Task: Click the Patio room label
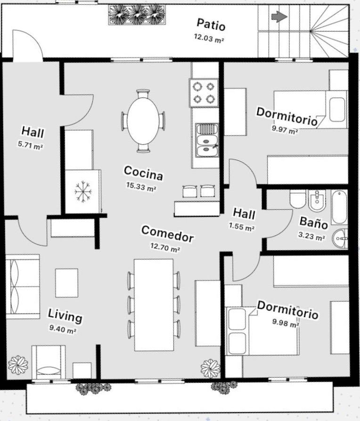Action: (x=211, y=25)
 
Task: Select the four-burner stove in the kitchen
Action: (x=204, y=92)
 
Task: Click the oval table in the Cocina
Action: (x=143, y=121)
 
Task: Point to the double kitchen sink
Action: (x=207, y=140)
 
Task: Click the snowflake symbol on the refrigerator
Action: (x=83, y=191)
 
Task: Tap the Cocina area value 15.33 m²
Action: (x=141, y=187)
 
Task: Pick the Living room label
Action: (x=65, y=315)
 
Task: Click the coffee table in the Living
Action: (x=66, y=283)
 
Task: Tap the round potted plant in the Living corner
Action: (x=18, y=365)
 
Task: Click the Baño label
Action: (x=313, y=223)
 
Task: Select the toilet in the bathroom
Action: (x=297, y=199)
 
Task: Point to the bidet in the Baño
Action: (x=317, y=200)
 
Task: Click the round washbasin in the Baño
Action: (x=340, y=238)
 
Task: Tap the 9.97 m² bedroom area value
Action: (x=285, y=130)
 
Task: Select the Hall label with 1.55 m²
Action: (x=244, y=214)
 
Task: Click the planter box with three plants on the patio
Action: (x=137, y=15)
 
